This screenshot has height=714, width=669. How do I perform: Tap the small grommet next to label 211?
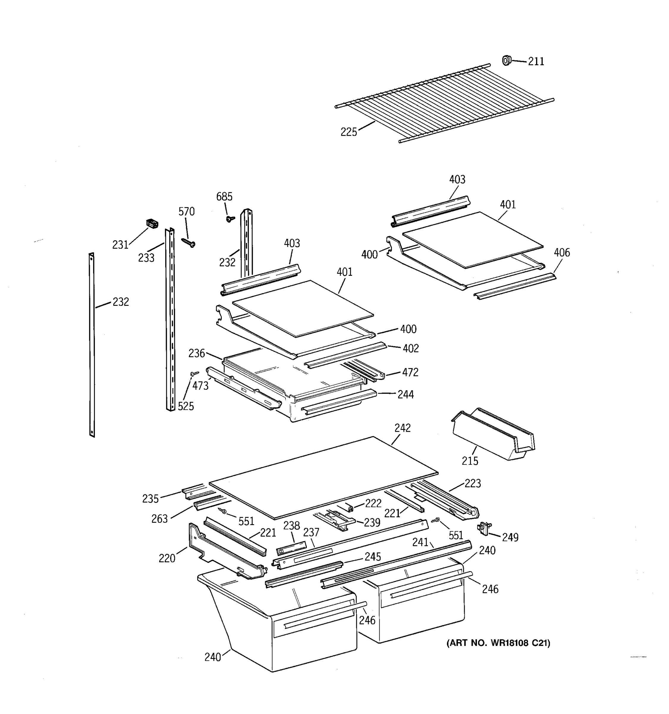click(506, 60)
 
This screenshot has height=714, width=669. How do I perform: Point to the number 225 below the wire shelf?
click(348, 132)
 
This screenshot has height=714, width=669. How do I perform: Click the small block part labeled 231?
click(152, 223)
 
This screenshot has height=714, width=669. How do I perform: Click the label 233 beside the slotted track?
click(146, 258)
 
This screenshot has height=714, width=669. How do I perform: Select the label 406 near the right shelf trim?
click(561, 253)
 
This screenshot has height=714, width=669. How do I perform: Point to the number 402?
click(410, 348)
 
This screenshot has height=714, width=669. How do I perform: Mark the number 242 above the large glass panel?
click(402, 428)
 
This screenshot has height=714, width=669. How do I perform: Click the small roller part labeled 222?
click(350, 507)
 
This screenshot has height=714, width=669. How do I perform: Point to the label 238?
click(291, 526)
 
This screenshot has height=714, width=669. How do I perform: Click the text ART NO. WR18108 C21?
click(498, 643)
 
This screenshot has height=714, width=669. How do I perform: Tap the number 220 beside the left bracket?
click(167, 558)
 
